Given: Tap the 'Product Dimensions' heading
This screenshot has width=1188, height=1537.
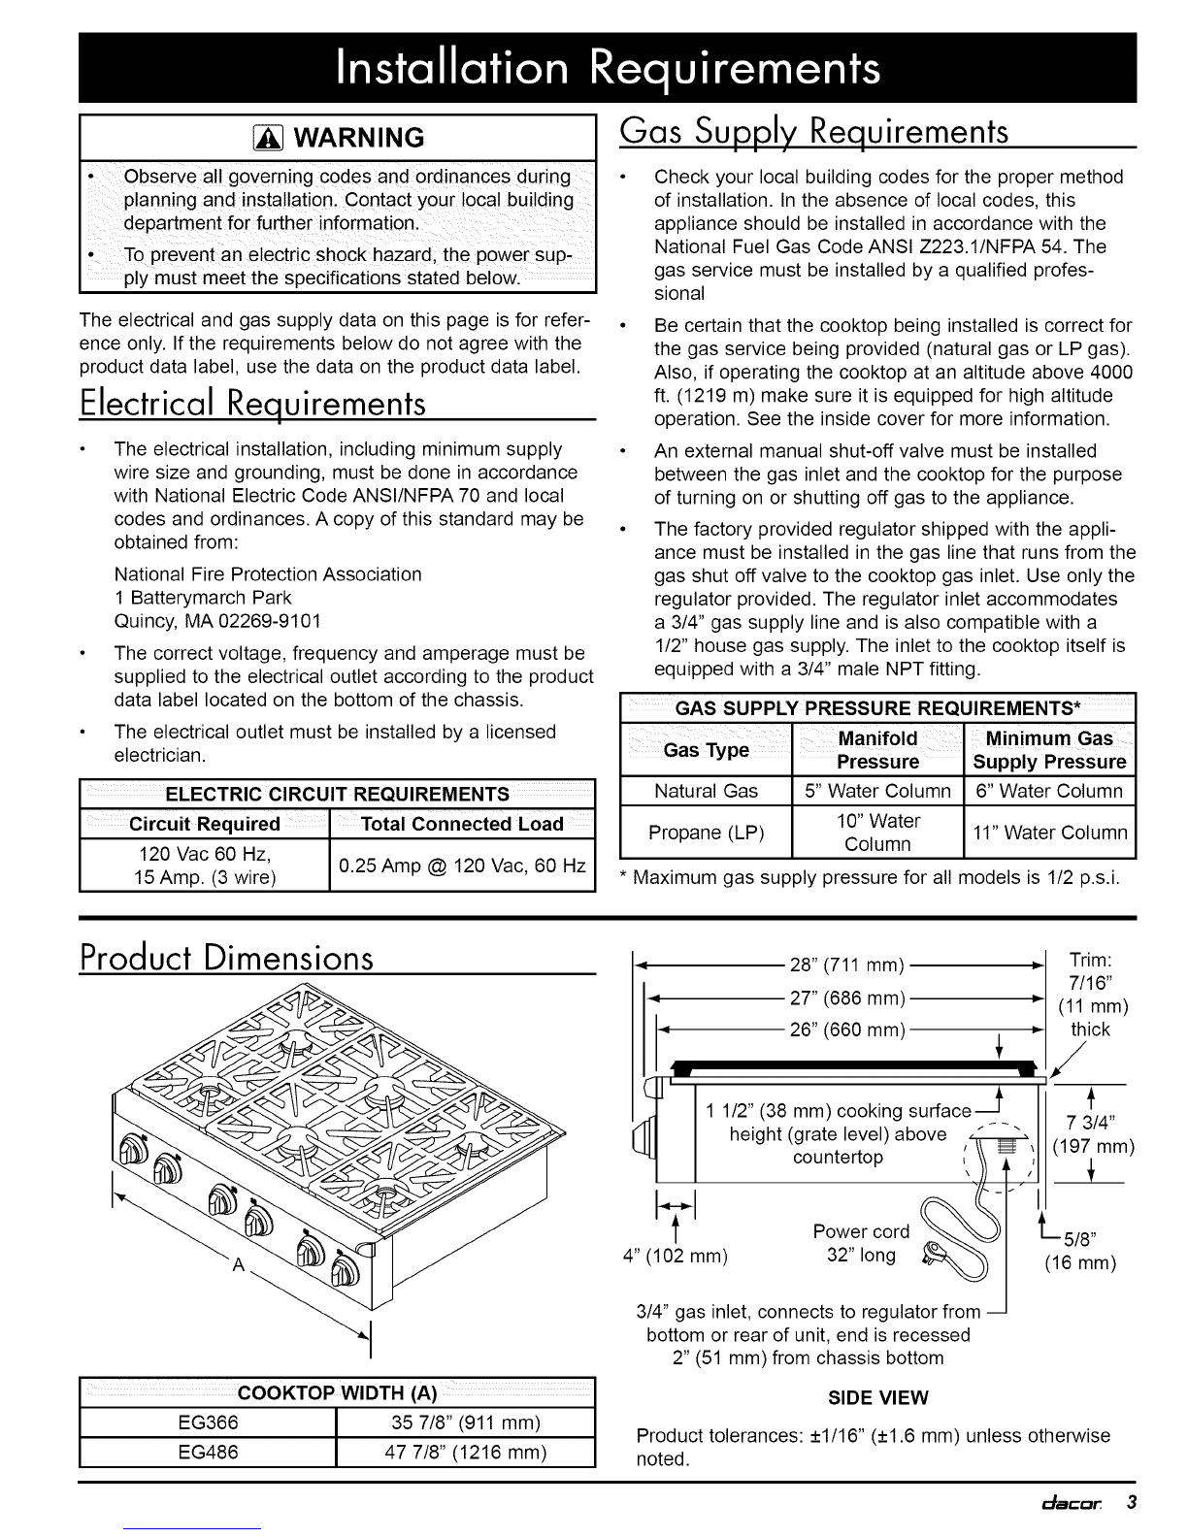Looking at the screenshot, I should (228, 958).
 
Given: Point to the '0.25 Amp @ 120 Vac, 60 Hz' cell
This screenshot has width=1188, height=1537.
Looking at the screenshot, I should (462, 865).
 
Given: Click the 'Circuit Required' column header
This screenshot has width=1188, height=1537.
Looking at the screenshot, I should (205, 824).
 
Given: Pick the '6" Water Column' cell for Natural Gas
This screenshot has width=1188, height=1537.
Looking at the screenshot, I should (1049, 791).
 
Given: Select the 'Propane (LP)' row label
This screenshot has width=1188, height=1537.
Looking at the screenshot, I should (707, 833).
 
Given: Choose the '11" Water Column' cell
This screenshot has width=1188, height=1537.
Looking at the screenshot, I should (1049, 833).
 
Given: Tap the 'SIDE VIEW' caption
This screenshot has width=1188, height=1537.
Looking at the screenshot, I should (877, 1397).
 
